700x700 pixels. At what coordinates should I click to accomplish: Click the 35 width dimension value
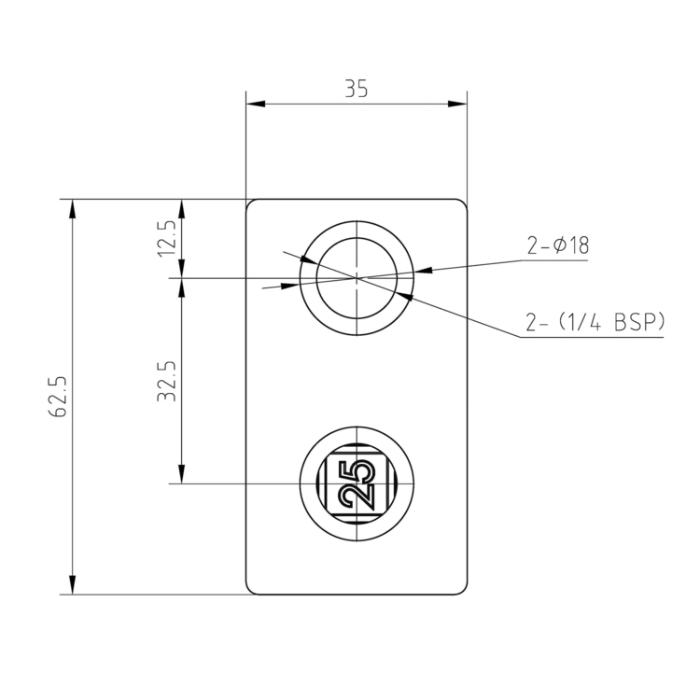(356, 89)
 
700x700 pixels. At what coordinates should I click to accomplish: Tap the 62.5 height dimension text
(59, 397)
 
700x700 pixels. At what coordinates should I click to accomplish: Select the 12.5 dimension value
(167, 239)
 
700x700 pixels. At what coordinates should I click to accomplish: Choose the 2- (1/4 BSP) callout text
(594, 322)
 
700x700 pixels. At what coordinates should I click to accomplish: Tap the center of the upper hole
(357, 277)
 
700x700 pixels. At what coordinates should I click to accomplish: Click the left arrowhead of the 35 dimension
(253, 103)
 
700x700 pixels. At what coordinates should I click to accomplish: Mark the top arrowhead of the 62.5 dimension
(73, 207)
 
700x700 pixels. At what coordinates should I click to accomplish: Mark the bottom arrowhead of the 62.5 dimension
(73, 585)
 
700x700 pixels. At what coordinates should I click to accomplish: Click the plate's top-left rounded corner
(250, 203)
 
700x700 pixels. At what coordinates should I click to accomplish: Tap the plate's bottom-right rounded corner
(462, 589)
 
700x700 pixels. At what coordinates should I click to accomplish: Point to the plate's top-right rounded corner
(462, 203)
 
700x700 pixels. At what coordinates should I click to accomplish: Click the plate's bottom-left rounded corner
(250, 589)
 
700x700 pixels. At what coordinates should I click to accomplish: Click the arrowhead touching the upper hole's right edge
(423, 272)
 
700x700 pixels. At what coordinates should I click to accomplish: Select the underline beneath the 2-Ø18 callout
(551, 261)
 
